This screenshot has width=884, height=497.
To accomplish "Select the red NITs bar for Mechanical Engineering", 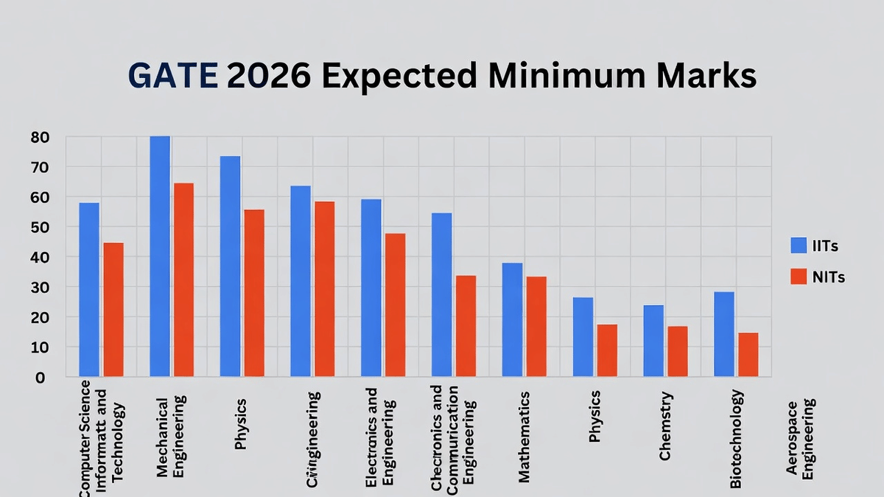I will (183, 280).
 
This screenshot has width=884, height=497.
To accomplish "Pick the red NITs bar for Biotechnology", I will (748, 355).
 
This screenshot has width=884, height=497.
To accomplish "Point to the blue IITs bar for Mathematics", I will (513, 320).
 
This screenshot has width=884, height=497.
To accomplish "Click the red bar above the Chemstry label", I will (677, 351).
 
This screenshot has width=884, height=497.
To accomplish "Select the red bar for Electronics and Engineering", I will (394, 305).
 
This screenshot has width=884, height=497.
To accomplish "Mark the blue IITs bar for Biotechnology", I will (723, 334).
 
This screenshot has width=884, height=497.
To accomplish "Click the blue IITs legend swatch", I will (799, 246).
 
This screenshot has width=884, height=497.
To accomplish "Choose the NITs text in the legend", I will (828, 278).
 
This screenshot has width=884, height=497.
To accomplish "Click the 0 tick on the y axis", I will (40, 377).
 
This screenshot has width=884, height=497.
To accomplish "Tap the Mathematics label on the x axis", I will (524, 437).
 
